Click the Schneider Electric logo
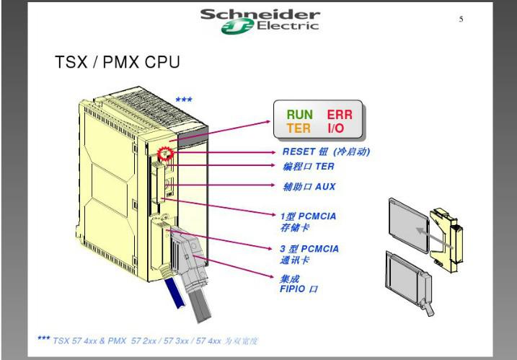point(259,19)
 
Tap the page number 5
point(461,19)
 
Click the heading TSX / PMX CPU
point(117,63)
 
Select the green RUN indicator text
point(300,115)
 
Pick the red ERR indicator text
point(340,115)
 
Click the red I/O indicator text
point(336,128)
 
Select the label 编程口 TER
point(309,167)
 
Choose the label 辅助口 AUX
point(309,186)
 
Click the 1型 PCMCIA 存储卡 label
point(309,220)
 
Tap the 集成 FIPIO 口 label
point(299,284)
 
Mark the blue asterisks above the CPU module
point(184,100)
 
